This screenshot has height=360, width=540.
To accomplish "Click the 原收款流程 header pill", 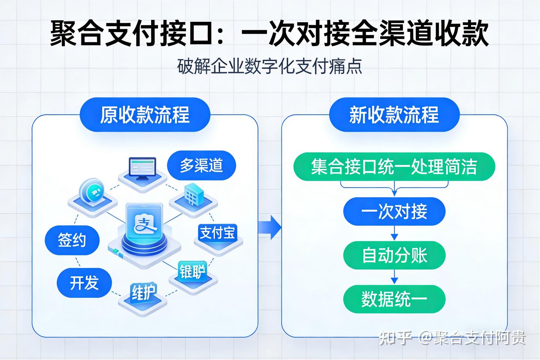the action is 145,114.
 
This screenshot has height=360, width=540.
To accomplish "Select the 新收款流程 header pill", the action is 394,114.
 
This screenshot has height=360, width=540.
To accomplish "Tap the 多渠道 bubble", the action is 201,165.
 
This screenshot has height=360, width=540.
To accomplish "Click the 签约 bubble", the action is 72,240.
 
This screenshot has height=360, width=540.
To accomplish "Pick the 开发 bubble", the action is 84,283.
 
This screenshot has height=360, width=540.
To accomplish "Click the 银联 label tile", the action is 193,271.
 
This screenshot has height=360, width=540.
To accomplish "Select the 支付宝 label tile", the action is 217,232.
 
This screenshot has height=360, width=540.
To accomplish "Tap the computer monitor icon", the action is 142,169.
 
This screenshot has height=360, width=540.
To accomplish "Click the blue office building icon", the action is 194,194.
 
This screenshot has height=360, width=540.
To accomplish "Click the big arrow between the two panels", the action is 270,227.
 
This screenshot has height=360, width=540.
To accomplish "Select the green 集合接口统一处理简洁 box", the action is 394,166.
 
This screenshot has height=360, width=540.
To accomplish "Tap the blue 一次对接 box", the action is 394,211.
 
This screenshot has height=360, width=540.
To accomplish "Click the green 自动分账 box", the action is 394,255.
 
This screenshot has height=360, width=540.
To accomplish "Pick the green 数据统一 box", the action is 394,299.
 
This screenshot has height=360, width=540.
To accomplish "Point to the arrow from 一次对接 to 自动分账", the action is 394,233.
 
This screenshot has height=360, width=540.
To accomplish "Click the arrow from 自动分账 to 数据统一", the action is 394,277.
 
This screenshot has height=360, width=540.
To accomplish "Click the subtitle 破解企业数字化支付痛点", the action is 270,66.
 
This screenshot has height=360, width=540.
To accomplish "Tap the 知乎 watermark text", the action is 396,338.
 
